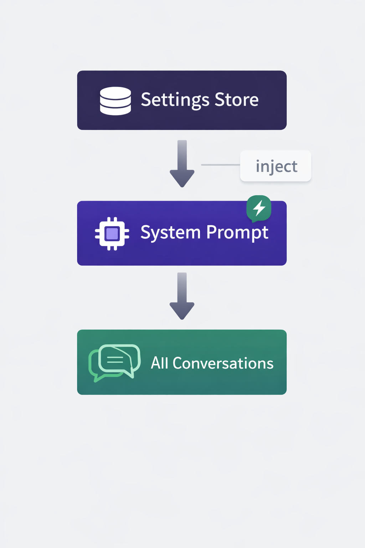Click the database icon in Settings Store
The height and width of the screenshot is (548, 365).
click(x=115, y=101)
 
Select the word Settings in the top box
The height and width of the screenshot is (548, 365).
click(x=175, y=100)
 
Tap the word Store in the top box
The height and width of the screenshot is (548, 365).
click(x=237, y=100)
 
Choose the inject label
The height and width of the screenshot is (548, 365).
click(x=276, y=166)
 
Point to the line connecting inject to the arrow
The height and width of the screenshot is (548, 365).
click(x=220, y=165)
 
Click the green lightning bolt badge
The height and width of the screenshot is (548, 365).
click(x=259, y=208)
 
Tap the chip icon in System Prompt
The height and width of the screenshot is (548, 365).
click(x=112, y=234)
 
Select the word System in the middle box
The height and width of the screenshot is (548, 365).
click(x=170, y=233)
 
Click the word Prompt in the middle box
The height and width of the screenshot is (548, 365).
click(x=237, y=233)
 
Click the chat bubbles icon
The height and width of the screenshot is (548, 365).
click(x=114, y=362)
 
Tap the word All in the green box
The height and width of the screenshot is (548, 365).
click(x=159, y=363)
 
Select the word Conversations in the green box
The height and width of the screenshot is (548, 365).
click(x=223, y=363)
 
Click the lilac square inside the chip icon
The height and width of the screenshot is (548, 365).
click(x=112, y=234)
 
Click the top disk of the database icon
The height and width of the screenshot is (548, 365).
click(x=115, y=92)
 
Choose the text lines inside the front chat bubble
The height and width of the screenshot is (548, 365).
click(x=115, y=360)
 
